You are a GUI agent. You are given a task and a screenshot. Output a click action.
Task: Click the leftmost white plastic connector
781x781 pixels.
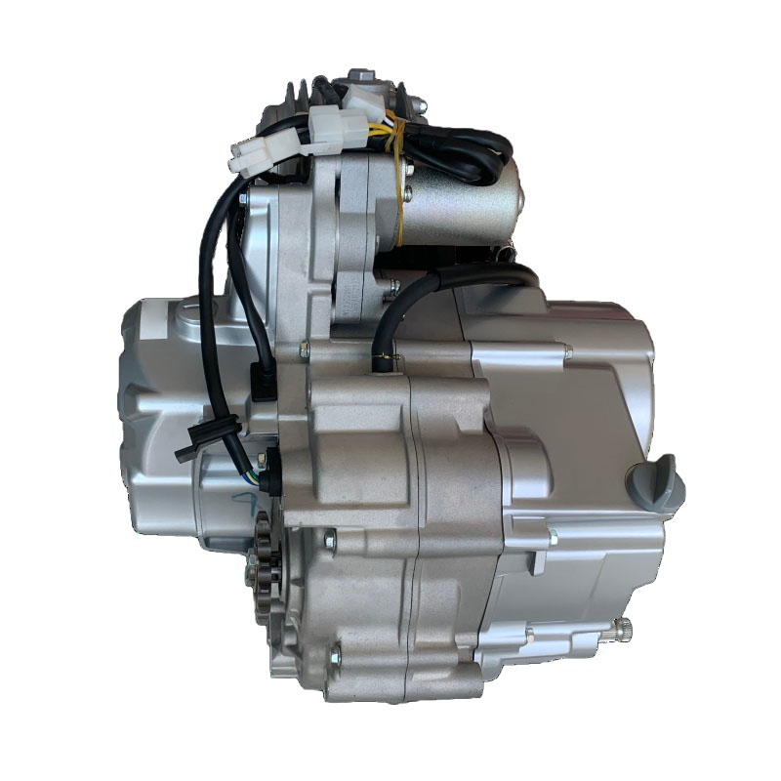tap(251, 153)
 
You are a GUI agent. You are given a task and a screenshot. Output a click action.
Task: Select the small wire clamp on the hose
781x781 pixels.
tap(384, 364)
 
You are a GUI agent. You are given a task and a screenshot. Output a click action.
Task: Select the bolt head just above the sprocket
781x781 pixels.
tap(329, 535)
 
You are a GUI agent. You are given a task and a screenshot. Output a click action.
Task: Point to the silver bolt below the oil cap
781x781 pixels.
tap(552, 536)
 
